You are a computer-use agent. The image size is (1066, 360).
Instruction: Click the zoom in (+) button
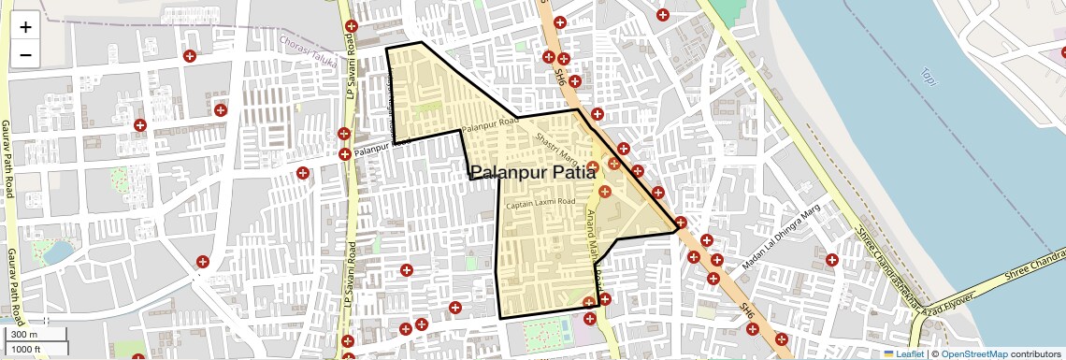(25, 27)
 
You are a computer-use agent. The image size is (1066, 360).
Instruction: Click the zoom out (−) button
(25, 54)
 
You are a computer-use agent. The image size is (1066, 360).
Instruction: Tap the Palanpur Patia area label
(533, 172)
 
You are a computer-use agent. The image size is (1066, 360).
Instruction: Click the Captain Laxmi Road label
(540, 203)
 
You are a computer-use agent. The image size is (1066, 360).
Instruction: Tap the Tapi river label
(928, 75)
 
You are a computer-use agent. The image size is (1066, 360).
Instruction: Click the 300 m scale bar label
(25, 335)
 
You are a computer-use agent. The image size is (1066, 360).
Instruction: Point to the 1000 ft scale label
(28, 349)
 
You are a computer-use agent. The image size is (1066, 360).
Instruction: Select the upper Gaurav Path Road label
(7, 159)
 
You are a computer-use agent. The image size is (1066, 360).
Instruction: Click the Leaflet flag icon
(889, 353)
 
